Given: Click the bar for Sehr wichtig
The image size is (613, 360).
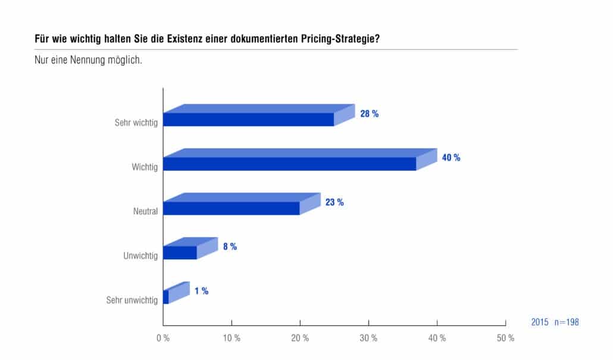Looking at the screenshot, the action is [x=259, y=115].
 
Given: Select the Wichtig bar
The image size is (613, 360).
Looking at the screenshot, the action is [x=300, y=159].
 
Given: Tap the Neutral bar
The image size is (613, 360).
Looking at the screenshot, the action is [x=242, y=204].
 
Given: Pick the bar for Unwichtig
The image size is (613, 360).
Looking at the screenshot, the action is [x=190, y=248].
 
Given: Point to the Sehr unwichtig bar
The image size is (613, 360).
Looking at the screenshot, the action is [x=176, y=293].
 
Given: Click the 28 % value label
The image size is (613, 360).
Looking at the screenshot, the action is [x=370, y=114].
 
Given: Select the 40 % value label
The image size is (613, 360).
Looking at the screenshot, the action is [x=451, y=158].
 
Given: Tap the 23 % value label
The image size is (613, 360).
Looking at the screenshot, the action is [x=334, y=202].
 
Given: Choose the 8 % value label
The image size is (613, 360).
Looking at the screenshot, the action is [x=230, y=247].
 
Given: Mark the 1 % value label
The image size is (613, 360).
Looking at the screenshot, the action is [x=201, y=291].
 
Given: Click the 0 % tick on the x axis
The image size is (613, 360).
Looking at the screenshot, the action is [x=163, y=338].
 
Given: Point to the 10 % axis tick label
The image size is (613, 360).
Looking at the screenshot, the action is [x=232, y=338].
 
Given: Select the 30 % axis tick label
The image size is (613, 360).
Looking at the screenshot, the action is [x=368, y=338].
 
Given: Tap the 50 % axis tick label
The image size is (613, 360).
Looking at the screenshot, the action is [x=505, y=338].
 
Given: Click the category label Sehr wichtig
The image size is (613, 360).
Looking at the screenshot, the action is [x=136, y=123].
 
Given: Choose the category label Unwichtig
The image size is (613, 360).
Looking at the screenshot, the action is [x=140, y=256].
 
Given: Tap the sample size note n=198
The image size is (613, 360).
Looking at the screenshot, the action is [x=567, y=322].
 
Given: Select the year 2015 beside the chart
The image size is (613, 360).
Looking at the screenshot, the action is [x=540, y=322].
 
